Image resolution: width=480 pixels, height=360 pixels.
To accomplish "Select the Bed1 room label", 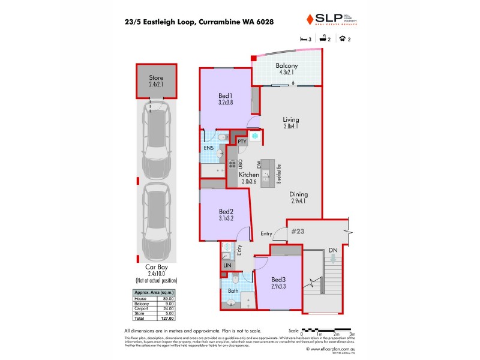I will tap(226, 95).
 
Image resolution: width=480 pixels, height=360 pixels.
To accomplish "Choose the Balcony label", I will tap(287, 66).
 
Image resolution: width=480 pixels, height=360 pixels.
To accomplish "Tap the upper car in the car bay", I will tap(155, 139).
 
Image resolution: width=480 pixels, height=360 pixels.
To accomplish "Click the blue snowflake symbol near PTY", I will tap(254, 137).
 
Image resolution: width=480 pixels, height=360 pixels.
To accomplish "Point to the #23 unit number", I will tap(298, 230).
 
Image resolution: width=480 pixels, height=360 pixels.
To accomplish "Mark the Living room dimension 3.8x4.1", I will tap(290, 127).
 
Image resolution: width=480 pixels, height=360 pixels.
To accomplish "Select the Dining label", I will tap(298, 194).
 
